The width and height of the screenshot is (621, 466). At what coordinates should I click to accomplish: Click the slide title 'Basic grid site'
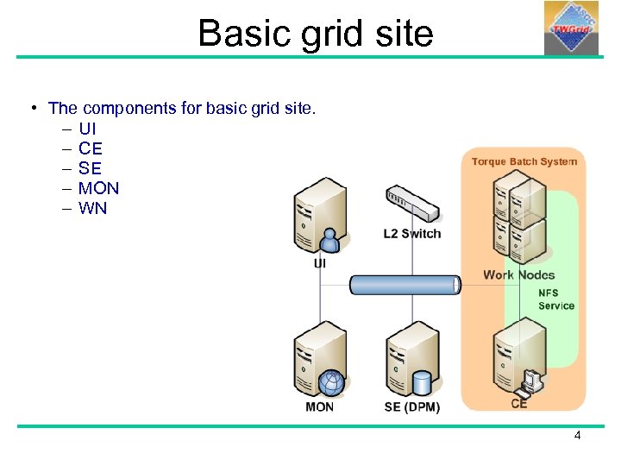315,33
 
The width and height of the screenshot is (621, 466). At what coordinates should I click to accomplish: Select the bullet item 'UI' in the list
87,129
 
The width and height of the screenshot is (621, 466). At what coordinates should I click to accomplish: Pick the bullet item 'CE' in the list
90,148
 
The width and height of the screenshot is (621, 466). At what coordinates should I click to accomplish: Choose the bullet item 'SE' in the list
90,168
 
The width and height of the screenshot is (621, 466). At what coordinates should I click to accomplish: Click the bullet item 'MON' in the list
98,188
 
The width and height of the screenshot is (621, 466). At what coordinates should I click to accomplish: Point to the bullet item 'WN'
92,208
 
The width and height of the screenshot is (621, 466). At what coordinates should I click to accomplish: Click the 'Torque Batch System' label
524,161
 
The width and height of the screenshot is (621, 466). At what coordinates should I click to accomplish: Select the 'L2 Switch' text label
411,234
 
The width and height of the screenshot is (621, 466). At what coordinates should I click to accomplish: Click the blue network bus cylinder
405,285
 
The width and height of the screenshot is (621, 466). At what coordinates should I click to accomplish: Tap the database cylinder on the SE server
422,381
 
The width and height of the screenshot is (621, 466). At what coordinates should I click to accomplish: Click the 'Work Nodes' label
518,274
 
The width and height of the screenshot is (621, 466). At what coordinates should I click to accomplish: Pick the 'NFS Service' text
555,299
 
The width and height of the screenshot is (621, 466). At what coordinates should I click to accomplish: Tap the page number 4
577,436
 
